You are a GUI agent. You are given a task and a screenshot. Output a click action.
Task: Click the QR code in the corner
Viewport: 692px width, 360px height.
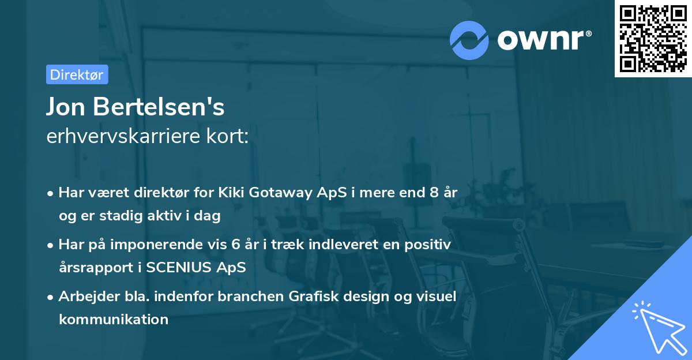(653, 39)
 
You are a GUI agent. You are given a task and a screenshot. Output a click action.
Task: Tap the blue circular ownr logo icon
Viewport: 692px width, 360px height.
(469, 40)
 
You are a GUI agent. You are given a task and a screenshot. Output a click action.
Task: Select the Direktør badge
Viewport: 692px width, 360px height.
(77, 74)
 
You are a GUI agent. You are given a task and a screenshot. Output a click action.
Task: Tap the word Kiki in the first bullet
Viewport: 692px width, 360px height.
(232, 193)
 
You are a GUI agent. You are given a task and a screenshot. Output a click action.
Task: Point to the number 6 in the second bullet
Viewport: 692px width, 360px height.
(235, 245)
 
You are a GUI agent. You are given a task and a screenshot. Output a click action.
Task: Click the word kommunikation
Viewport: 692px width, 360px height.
(114, 319)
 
